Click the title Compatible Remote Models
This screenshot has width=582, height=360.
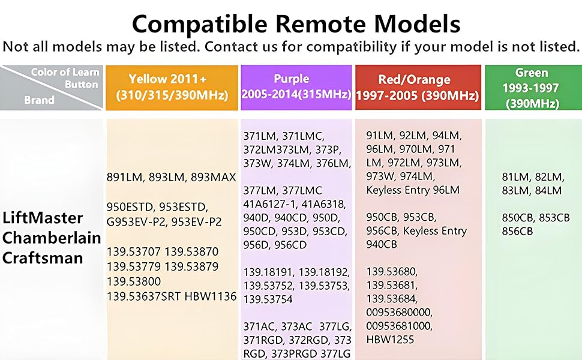click(296, 23)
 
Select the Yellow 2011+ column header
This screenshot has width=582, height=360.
click(172, 88)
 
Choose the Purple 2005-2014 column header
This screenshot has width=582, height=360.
click(296, 88)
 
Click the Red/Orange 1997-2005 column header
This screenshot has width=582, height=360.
click(418, 88)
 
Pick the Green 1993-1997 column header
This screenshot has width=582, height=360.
click(532, 88)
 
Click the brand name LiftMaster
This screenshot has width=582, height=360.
click(43, 217)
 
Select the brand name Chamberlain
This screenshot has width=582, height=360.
click(52, 238)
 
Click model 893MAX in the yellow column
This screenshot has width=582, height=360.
click(214, 178)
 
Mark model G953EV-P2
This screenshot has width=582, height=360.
click(136, 222)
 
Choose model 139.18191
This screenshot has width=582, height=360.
click(268, 272)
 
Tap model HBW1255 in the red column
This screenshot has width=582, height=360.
click(391, 340)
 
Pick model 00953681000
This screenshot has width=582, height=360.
click(399, 326)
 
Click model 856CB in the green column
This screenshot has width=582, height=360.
click(517, 231)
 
